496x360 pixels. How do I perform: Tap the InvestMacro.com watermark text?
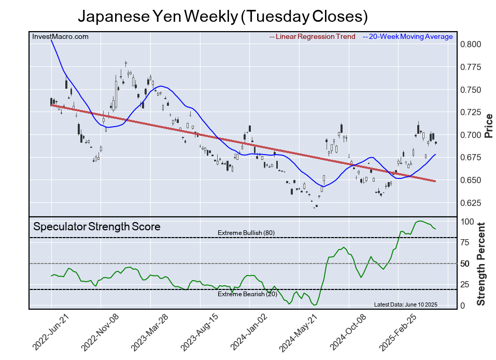60,36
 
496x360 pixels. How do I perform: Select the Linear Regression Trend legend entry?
313,36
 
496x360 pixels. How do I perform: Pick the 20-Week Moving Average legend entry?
408,36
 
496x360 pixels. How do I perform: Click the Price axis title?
488,125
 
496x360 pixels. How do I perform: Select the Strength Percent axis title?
481,264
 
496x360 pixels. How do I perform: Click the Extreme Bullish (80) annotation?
246,233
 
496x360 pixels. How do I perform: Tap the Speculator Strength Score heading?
97,227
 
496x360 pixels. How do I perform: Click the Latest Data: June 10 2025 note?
406,304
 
